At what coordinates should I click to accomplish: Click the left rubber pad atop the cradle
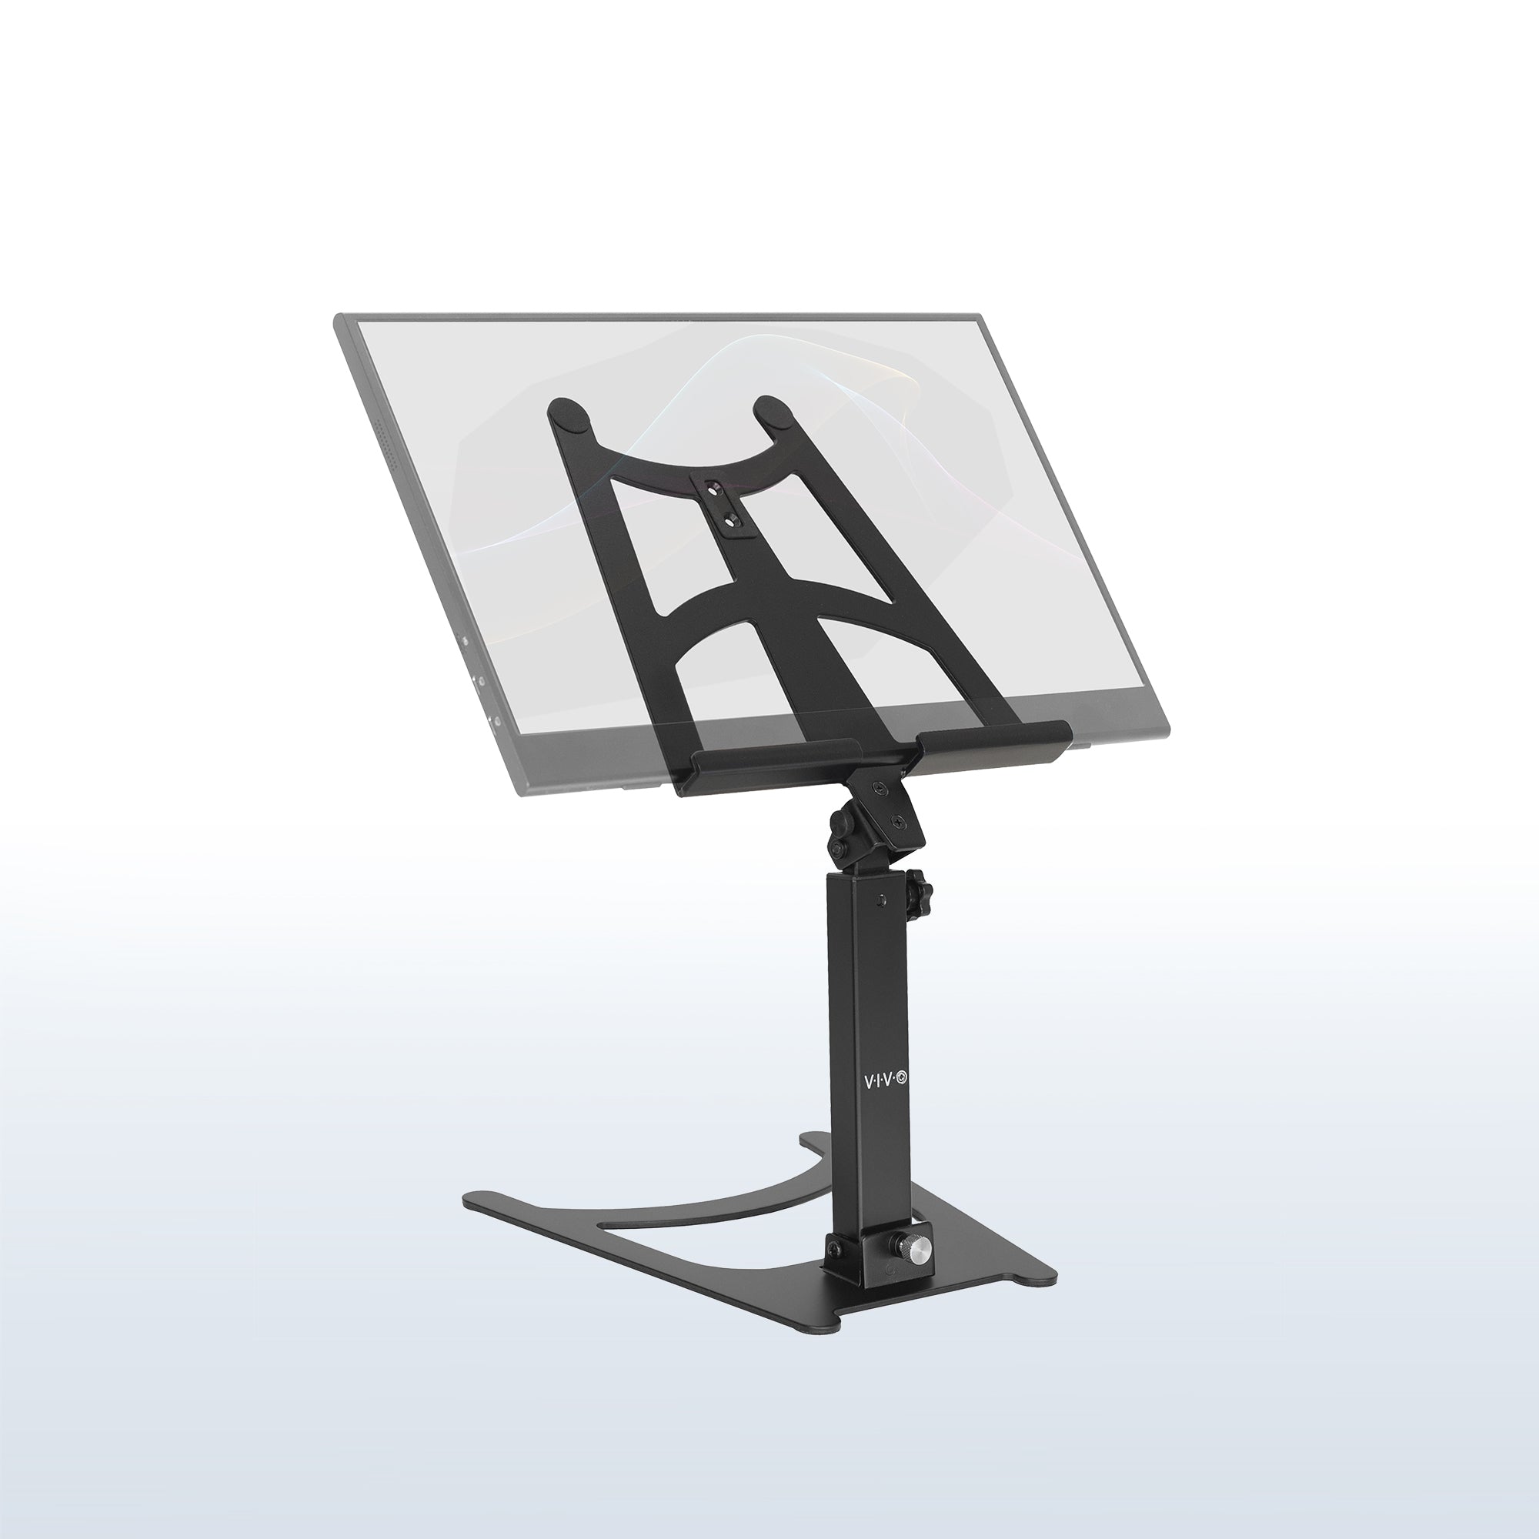coord(569,415)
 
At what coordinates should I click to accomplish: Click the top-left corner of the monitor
coord(336,317)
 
